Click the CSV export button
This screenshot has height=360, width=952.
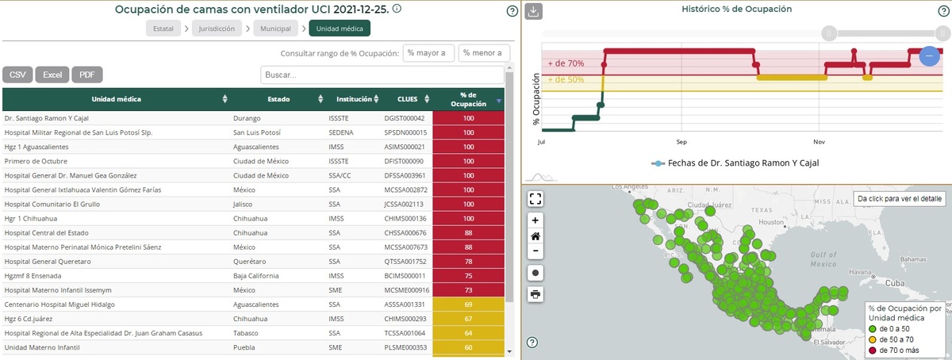pyautogui.click(x=17, y=75)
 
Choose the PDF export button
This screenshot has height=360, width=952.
pyautogui.click(x=87, y=75)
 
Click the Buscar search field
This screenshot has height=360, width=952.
pyautogui.click(x=382, y=75)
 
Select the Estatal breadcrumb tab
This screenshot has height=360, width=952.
pyautogui.click(x=163, y=29)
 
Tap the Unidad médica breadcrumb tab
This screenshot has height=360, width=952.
pyautogui.click(x=340, y=29)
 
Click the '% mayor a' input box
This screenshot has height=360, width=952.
pyautogui.click(x=428, y=53)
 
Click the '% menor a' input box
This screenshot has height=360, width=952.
pyautogui.click(x=484, y=53)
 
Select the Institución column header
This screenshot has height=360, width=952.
pyautogui.click(x=354, y=99)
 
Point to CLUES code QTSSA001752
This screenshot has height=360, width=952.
pyautogui.click(x=405, y=261)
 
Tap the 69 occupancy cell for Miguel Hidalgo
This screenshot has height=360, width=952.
pyautogui.click(x=468, y=304)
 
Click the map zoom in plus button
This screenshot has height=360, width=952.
pyautogui.click(x=535, y=220)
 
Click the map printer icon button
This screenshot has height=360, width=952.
pyautogui.click(x=535, y=294)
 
